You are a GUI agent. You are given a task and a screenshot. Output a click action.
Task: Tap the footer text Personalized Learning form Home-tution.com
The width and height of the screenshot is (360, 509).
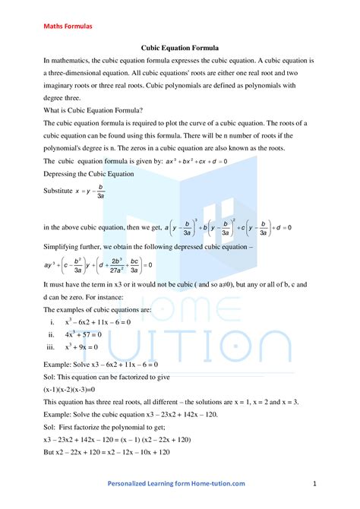click(x=176, y=483)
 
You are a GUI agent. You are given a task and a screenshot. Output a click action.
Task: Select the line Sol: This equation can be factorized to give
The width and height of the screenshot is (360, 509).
click(x=115, y=376)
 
